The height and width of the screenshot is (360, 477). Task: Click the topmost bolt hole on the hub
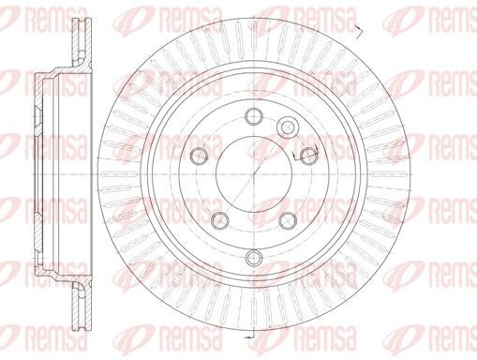click(x=254, y=116)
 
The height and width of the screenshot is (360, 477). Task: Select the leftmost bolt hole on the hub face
click(x=199, y=156)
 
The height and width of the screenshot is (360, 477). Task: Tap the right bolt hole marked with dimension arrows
click(x=308, y=156)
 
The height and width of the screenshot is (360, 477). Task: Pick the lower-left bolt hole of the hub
click(x=220, y=220)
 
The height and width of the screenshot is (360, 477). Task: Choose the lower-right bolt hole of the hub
click(x=288, y=220)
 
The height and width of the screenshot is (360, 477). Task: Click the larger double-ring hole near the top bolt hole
click(x=288, y=127)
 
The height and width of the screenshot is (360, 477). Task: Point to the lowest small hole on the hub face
click(x=254, y=257)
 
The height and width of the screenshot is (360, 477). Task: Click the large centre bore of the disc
click(x=254, y=174)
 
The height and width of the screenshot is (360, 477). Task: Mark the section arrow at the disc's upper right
click(x=359, y=31)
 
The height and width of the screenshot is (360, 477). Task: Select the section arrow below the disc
click(x=250, y=335)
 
